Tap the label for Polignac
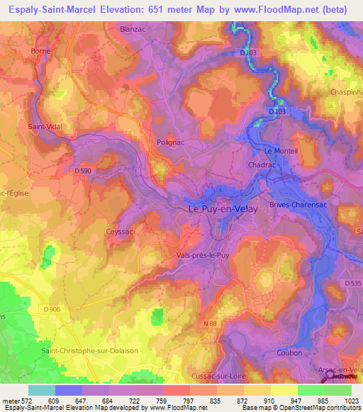tap(170, 142)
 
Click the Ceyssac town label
tap(119, 231)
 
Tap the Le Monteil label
tap(279, 151)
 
